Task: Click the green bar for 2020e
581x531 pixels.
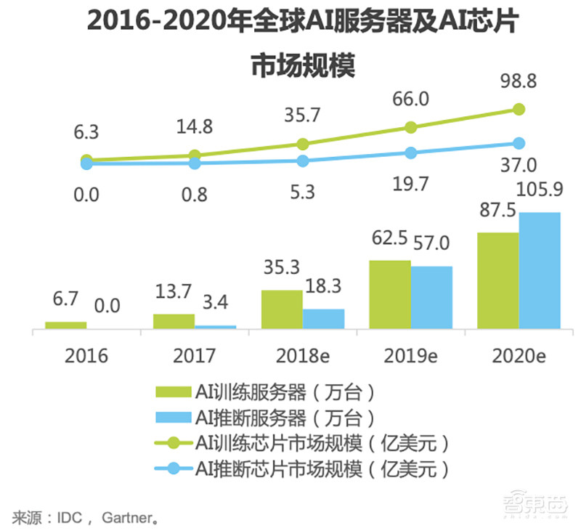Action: (x=498, y=280)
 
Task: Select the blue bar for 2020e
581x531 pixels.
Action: (x=540, y=270)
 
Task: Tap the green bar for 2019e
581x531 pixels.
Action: (x=390, y=294)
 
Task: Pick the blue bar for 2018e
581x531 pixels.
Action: (x=324, y=318)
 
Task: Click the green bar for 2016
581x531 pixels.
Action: (x=65, y=325)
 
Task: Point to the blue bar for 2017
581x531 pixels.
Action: (x=216, y=327)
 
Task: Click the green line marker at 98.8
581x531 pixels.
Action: (x=519, y=109)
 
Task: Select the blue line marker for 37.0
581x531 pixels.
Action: (x=519, y=143)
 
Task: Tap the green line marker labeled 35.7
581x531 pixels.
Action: (x=303, y=144)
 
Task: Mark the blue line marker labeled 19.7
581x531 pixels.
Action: (x=411, y=153)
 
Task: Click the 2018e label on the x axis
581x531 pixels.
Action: (x=303, y=356)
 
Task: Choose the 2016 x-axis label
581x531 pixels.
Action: (x=86, y=356)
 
